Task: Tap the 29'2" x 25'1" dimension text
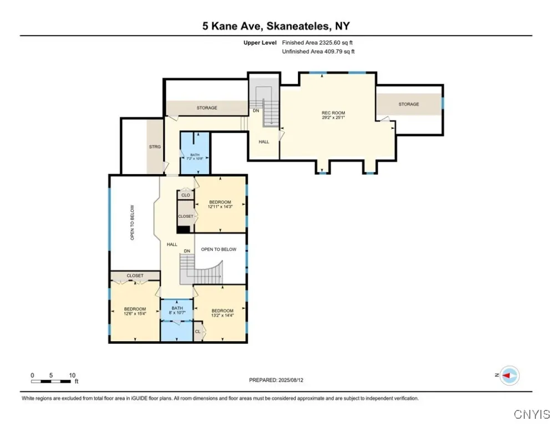pos(333,118)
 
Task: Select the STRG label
pos(155,146)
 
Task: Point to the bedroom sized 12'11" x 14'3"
pos(220,204)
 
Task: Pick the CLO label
pos(185,195)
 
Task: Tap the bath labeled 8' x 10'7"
pos(177,311)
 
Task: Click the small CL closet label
pos(197,332)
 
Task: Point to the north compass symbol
pos(509,376)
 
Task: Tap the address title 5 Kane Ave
pos(276,26)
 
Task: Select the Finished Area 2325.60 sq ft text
pos(318,43)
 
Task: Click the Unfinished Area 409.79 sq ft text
pos(318,52)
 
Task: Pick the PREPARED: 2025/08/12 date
pos(276,380)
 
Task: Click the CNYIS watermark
pos(531,414)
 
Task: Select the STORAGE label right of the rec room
pos(409,104)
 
